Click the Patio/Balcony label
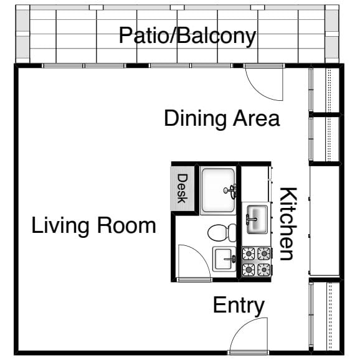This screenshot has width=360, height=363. tap(187, 36)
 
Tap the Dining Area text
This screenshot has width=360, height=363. tap(222, 119)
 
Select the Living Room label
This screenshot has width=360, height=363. tap(93, 226)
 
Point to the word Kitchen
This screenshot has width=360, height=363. tap(288, 224)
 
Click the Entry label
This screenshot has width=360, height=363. tap(239, 306)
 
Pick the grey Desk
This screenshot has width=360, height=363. tap(182, 189)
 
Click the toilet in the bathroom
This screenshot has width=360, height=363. tap(222, 233)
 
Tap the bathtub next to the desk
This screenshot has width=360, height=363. tap(218, 191)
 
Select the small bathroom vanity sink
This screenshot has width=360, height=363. tap(224, 259)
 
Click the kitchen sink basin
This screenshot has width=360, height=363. tap(257, 219)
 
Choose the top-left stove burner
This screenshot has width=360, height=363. tap(249, 254)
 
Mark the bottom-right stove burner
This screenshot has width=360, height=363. tap(264, 270)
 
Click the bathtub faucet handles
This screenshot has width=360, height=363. tap(231, 191)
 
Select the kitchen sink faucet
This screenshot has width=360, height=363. tap(251, 219)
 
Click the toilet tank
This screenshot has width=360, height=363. tap(233, 233)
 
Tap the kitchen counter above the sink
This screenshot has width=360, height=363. tap(255, 184)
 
